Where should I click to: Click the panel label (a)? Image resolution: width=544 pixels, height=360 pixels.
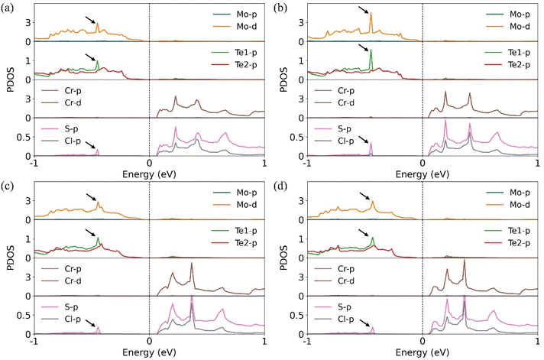(x=9, y=6)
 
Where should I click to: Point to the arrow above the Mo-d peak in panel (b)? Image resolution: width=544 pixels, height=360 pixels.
(x=364, y=8)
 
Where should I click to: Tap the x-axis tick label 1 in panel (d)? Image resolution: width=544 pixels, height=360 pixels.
(x=536, y=343)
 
